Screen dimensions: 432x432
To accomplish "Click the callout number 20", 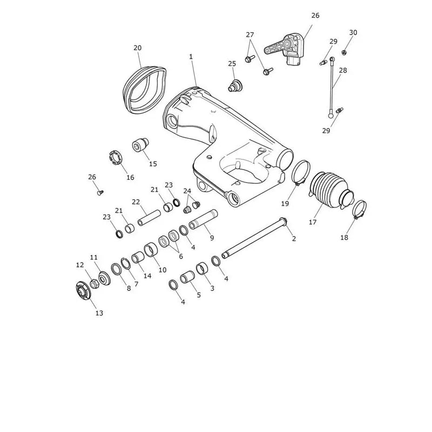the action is click(138, 48).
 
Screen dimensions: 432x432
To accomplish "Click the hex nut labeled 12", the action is click(94, 283).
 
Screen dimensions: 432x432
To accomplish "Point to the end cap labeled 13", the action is click(83, 291).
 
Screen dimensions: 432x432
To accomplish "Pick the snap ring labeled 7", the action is click(126, 264).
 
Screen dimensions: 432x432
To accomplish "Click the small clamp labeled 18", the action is click(360, 209).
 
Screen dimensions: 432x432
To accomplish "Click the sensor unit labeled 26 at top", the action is click(286, 49).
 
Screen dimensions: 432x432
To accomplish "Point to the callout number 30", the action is click(353, 32).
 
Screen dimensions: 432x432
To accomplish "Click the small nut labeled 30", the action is click(344, 52).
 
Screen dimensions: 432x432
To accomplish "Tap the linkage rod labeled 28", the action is click(332, 87).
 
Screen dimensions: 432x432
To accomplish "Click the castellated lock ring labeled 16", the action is click(115, 158).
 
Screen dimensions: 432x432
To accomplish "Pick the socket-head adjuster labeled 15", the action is click(140, 144).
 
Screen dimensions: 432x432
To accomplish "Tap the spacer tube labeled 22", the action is click(149, 218).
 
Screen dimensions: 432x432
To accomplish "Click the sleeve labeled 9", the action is click(204, 220).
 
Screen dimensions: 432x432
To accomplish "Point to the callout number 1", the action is click(191, 57).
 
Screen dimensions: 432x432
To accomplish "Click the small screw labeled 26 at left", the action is click(100, 193).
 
